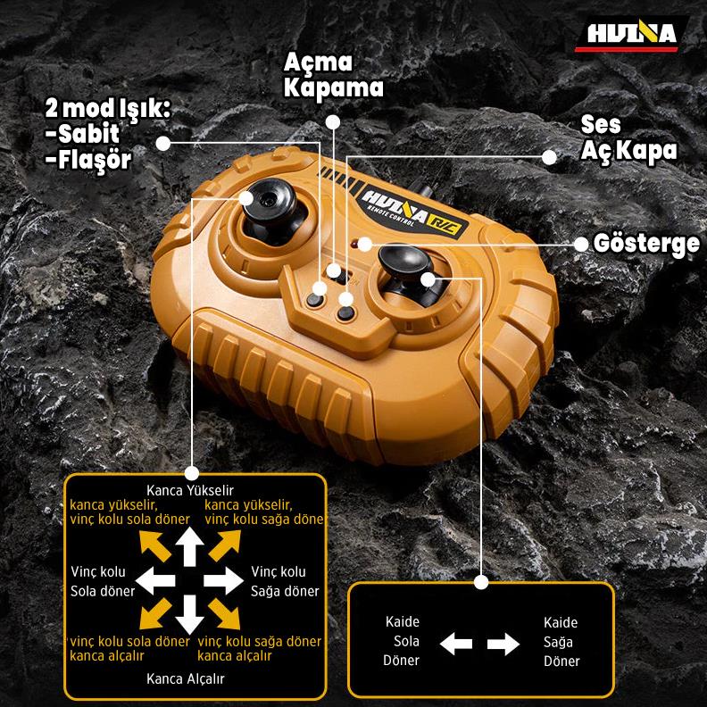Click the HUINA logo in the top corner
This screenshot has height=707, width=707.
(x=631, y=34)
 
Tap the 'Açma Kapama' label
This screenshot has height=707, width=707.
(x=333, y=75)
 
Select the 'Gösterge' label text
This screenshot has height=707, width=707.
(x=646, y=244)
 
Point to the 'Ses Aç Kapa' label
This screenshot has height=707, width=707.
(x=628, y=137)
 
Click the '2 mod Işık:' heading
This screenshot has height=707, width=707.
(x=107, y=109)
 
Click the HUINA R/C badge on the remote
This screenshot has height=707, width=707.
(x=412, y=212)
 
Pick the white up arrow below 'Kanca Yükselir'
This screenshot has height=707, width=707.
(x=189, y=546)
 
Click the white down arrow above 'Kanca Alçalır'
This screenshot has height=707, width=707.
(x=189, y=614)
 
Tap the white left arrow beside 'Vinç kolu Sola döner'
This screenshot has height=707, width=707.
(x=155, y=580)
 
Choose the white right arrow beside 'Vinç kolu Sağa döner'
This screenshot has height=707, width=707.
(x=224, y=580)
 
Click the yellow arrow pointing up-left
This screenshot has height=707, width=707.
(x=154, y=545)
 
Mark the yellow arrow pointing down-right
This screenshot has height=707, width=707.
(x=225, y=614)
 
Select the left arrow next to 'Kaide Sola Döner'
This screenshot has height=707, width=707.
(x=456, y=644)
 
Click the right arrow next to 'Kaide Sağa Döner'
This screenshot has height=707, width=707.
(x=503, y=644)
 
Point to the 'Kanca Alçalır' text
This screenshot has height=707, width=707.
(x=186, y=678)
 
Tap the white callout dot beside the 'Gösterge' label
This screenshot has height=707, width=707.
(x=581, y=245)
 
